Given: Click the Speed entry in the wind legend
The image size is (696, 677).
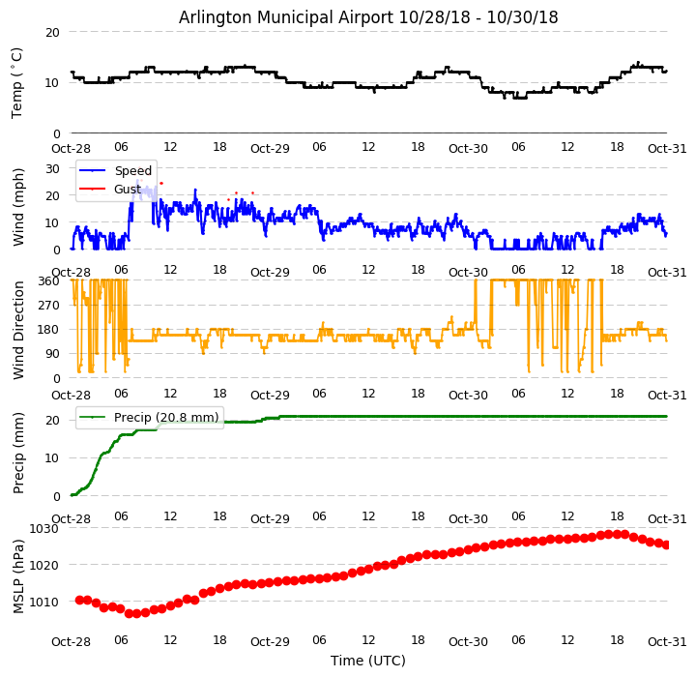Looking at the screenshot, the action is (133, 170).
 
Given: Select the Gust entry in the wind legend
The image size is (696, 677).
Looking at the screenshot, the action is (128, 190).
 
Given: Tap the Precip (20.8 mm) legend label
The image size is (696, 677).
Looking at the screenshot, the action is (166, 418).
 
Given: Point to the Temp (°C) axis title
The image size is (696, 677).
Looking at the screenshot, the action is (16, 83).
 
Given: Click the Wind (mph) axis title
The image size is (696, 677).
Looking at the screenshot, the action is (18, 207).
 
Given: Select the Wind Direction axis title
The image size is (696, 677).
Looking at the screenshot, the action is (18, 330).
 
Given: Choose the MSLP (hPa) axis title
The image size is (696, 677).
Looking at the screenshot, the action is (18, 576).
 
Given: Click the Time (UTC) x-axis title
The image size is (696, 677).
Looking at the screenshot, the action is (368, 661).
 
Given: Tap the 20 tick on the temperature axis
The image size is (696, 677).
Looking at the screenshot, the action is (52, 33).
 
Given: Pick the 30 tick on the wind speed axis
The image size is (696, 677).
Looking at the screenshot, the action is (52, 169).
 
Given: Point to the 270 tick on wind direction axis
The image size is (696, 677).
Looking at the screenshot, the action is (49, 306).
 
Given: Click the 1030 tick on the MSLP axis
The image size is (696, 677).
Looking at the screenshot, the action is (44, 529).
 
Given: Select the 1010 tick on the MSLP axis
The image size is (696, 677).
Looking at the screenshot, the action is (44, 603).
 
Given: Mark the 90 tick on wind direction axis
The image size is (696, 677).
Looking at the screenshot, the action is (52, 354).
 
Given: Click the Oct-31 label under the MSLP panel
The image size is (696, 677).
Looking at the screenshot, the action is (667, 642).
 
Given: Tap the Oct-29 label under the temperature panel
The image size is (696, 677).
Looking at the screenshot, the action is (270, 149).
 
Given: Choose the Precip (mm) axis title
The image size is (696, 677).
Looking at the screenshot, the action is (18, 454).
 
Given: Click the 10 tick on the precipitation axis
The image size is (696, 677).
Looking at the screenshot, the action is (52, 458).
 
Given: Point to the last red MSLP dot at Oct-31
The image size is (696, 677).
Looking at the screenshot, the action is (666, 545).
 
